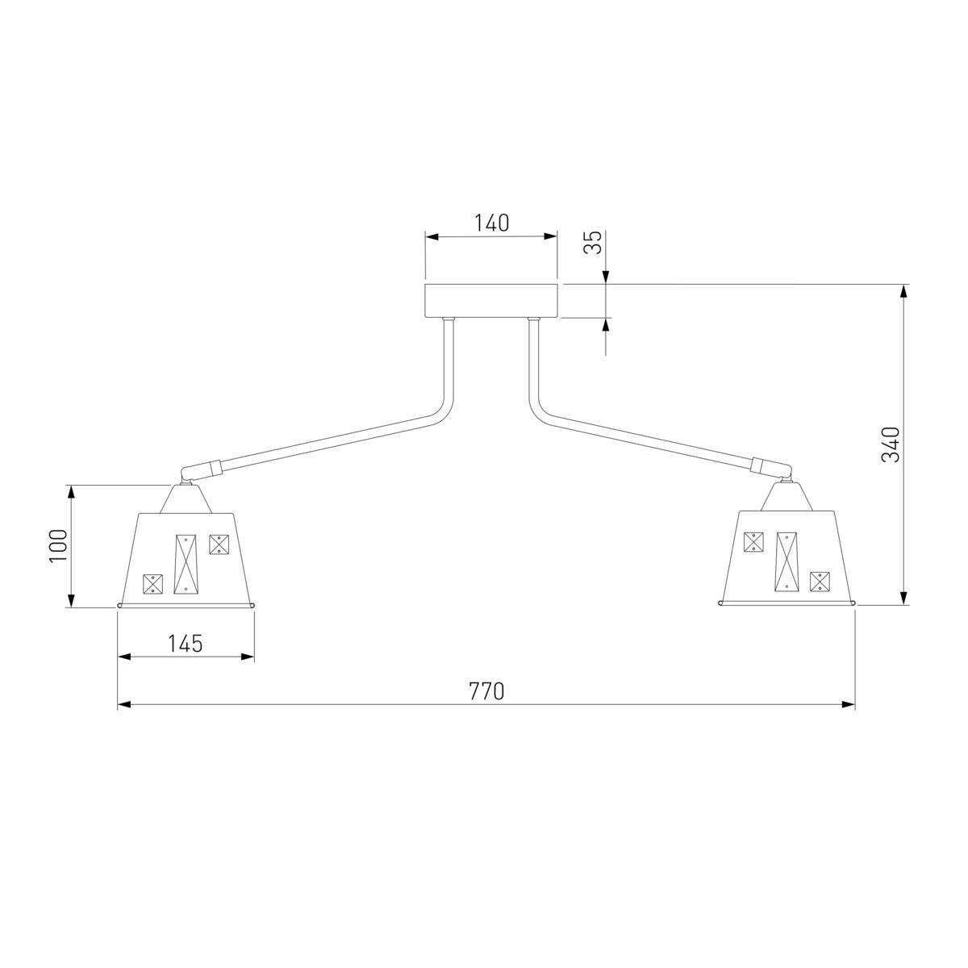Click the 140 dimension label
click(x=492, y=223)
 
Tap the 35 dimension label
click(x=594, y=243)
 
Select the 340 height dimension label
click(x=891, y=445)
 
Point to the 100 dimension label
click(x=58, y=546)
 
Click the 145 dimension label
click(x=185, y=644)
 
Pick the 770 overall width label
click(x=486, y=691)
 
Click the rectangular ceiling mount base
click(x=490, y=300)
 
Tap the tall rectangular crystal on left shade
click(x=186, y=564)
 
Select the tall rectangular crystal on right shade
click(x=786, y=561)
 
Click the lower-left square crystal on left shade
click(x=153, y=584)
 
